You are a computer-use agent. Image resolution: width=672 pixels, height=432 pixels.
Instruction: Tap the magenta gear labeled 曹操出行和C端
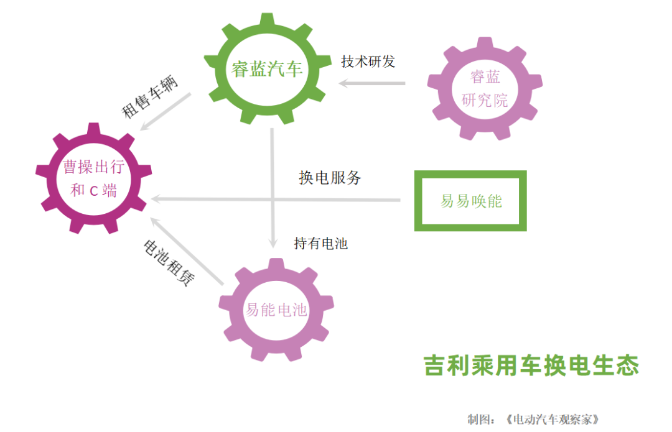93,178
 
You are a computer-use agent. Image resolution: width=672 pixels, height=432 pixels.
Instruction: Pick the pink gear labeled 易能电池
276,309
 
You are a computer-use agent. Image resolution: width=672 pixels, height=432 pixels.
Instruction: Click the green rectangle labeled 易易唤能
470,201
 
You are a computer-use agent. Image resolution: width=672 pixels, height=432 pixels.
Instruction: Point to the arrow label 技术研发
368,62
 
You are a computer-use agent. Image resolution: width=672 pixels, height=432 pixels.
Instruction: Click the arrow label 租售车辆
150,98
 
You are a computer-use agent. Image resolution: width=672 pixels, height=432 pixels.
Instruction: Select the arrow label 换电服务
330,178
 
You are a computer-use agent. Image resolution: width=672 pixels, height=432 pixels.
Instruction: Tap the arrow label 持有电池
320,244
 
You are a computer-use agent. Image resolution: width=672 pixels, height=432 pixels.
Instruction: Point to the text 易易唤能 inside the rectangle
471,201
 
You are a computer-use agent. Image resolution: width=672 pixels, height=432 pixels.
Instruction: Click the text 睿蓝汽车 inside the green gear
267,69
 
